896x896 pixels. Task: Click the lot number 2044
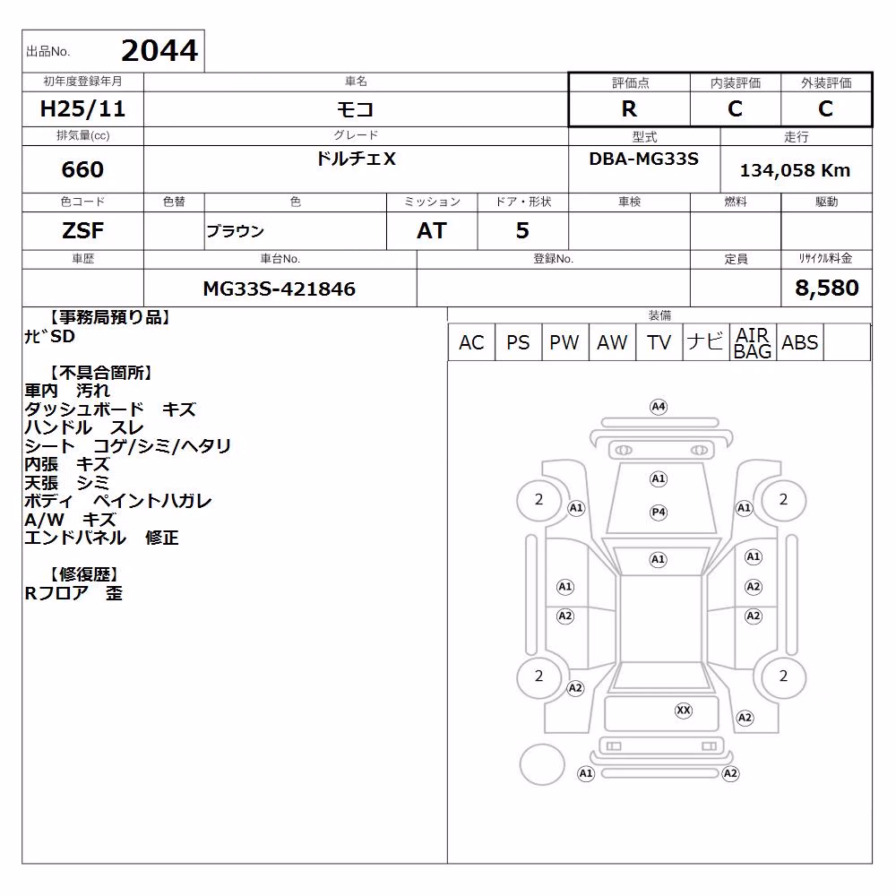(x=159, y=51)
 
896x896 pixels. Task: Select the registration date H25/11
(x=82, y=108)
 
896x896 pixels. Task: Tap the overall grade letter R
(x=629, y=108)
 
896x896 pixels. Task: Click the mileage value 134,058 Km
(x=795, y=170)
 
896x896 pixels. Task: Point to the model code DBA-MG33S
(x=643, y=159)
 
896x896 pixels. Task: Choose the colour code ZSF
(x=82, y=230)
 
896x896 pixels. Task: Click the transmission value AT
(x=432, y=230)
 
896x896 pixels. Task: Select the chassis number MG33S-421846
(x=280, y=289)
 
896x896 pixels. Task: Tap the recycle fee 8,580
(x=826, y=288)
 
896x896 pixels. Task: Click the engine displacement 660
(x=82, y=169)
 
